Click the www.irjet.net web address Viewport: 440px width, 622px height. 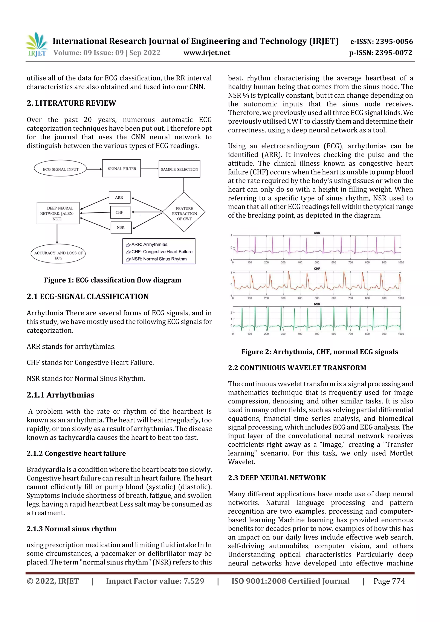pos(207,53)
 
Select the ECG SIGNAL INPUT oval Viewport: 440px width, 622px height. pos(60,169)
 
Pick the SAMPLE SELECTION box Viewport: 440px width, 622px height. pos(179,169)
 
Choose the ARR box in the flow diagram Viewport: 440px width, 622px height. pos(119,198)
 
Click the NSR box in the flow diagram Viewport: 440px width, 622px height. pos(121,227)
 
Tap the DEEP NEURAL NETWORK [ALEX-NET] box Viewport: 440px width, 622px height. pos(58,213)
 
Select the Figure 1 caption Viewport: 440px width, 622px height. pos(113,280)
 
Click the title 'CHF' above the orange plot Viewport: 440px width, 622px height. pos(317,268)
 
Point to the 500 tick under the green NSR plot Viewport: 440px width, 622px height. pos(317,334)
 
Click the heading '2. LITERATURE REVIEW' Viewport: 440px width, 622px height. pos(71,103)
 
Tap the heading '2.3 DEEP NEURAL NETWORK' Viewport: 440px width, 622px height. pos(277,478)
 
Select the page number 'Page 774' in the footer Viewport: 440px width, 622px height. pos(389,581)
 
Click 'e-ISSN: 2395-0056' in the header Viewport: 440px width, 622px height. pos(381,41)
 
